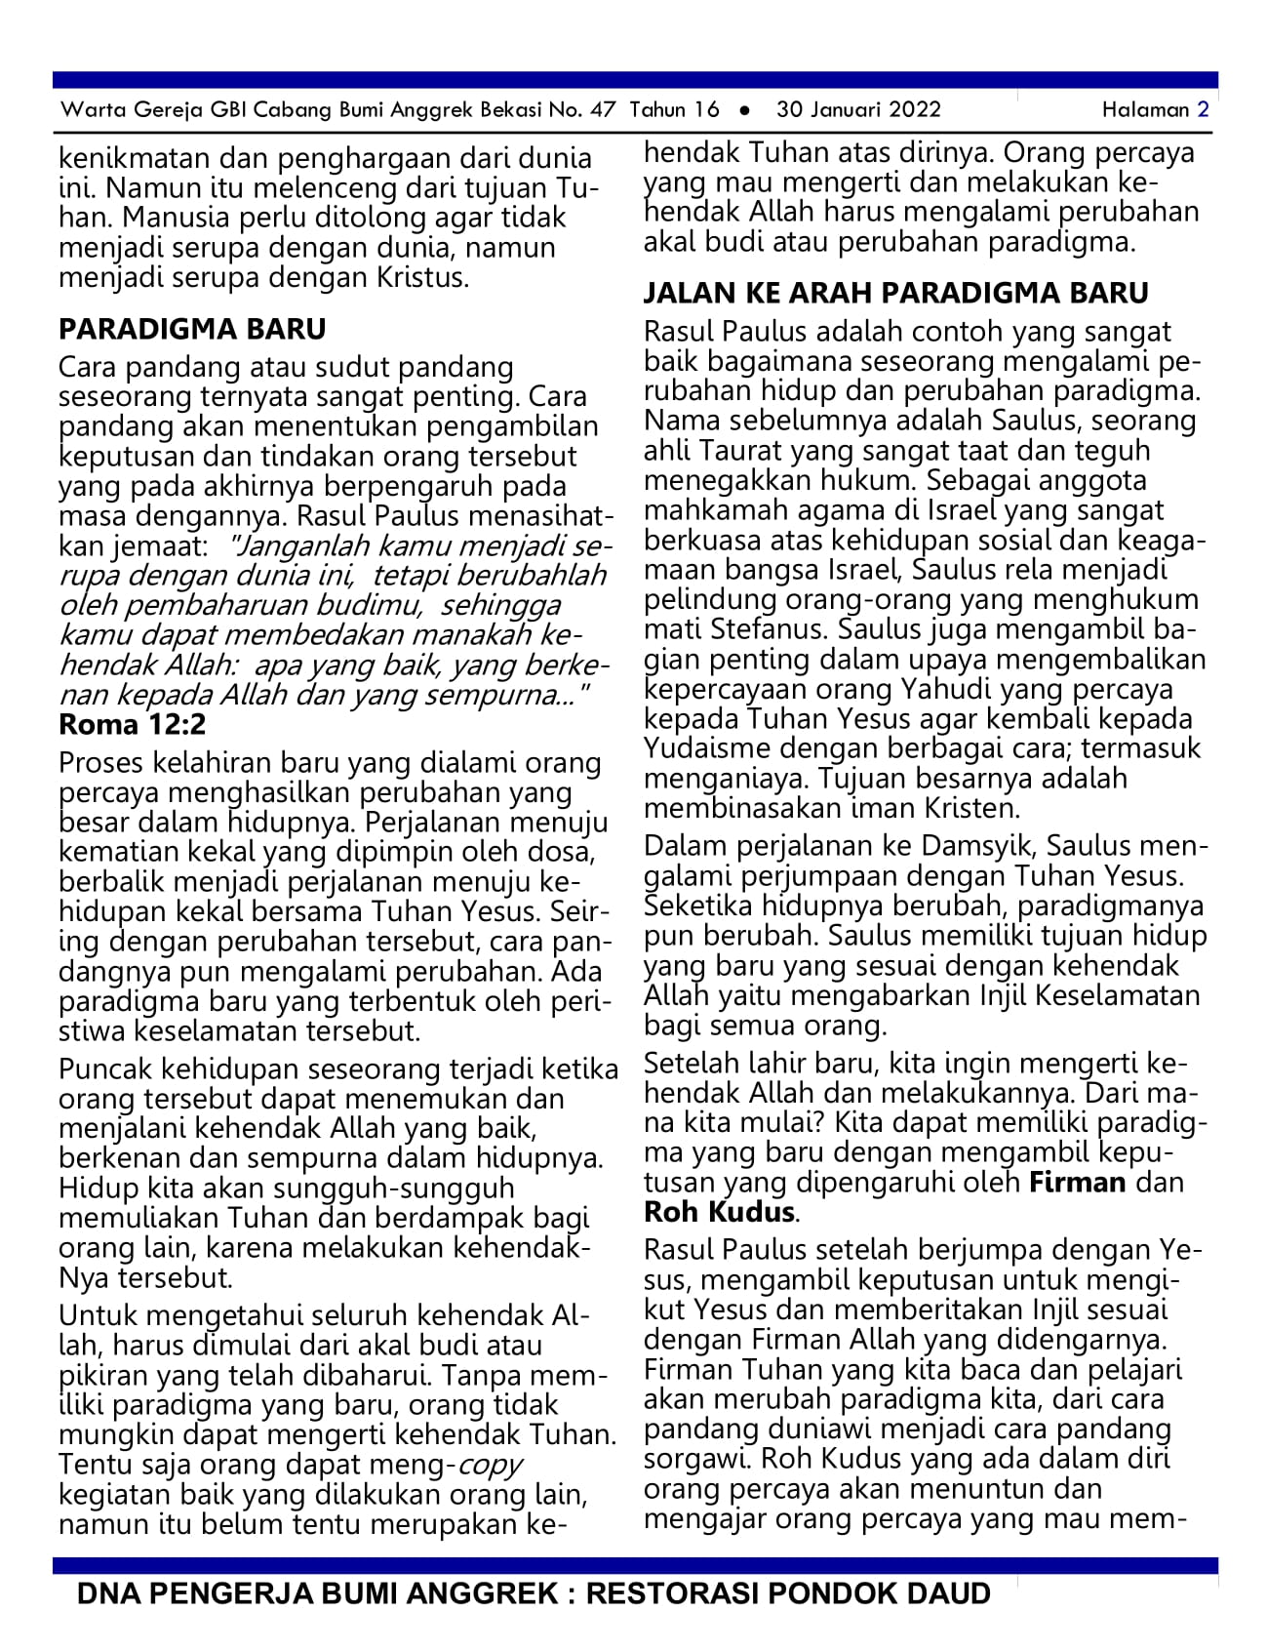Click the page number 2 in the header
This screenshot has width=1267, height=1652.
[x=1203, y=109]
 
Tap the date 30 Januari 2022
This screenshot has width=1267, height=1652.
[x=858, y=109]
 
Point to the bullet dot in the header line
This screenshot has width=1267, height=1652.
[x=744, y=110]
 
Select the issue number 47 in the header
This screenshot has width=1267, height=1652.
[x=603, y=109]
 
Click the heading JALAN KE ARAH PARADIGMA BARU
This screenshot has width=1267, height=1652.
[x=895, y=293]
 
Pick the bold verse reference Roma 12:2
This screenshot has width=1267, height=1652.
[x=133, y=724]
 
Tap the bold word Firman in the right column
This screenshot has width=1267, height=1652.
[x=1078, y=1183]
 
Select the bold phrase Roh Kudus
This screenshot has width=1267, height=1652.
[x=720, y=1212]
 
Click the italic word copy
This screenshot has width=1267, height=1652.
[x=490, y=1465]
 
